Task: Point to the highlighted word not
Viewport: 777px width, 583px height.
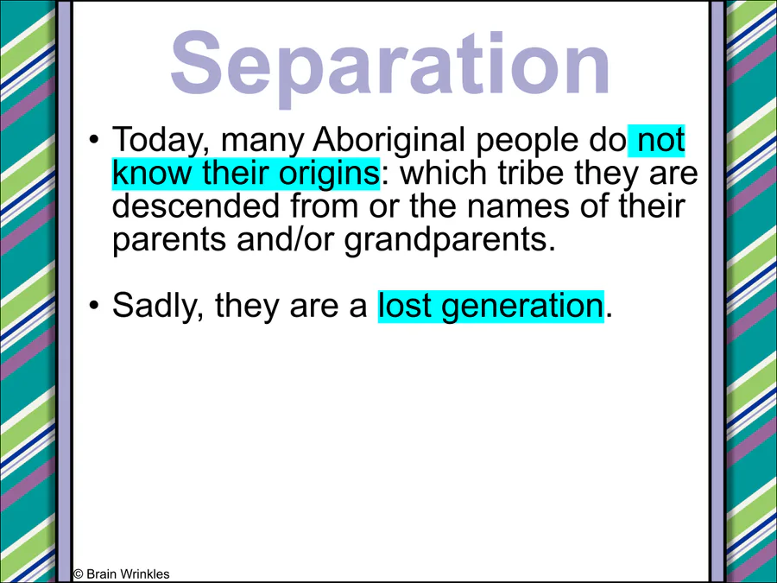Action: pos(661,140)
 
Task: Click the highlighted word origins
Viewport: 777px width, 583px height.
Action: pos(329,174)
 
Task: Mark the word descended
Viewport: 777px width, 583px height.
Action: pos(196,206)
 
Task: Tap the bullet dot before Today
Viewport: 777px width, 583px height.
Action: pos(93,140)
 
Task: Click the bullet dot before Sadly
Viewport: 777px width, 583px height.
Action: pos(93,306)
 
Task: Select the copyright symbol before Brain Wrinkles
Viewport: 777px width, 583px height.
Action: pos(78,574)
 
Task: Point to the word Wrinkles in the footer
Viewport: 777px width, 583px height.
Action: pos(145,574)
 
